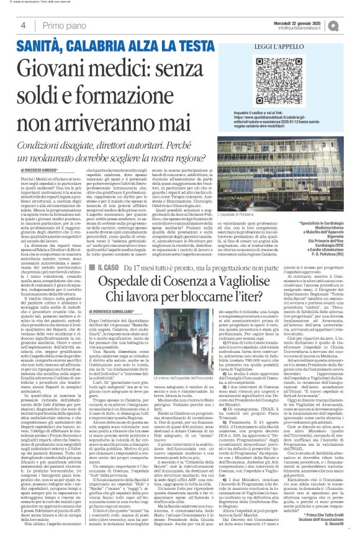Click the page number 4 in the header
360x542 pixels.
click(x=22, y=25)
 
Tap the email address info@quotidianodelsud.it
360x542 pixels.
click(x=306, y=28)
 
